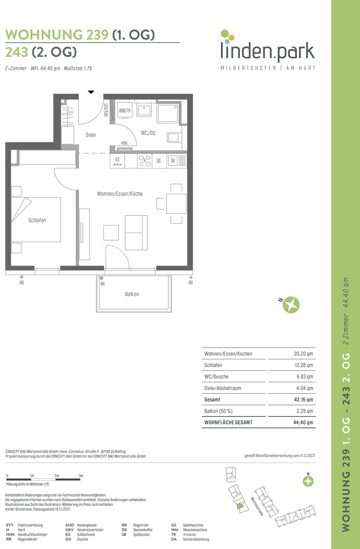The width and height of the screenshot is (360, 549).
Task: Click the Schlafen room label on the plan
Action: click(37, 220)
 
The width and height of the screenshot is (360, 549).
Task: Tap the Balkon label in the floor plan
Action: click(132, 294)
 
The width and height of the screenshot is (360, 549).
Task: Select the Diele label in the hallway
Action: click(91, 135)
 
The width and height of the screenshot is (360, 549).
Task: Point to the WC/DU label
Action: click(148, 133)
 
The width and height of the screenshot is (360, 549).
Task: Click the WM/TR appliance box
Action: click(124, 110)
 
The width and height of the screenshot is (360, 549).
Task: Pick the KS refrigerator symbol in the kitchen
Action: click(117, 161)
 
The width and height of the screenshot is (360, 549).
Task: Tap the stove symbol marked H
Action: click(145, 161)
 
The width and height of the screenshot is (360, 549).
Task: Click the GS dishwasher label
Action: click(159, 161)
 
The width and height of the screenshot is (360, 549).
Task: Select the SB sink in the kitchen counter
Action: click(173, 161)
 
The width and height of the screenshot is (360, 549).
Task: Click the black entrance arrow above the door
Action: click(91, 92)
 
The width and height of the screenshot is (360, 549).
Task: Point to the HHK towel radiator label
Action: click(124, 143)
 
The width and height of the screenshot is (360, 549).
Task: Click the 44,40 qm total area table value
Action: click(303, 423)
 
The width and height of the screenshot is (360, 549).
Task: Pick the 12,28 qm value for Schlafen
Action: click(303, 365)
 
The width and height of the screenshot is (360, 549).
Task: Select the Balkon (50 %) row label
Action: click(218, 411)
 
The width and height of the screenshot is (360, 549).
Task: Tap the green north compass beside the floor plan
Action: click(291, 305)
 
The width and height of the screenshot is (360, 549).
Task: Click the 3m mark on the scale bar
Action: click(81, 476)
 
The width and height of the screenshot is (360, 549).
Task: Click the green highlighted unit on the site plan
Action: click(239, 506)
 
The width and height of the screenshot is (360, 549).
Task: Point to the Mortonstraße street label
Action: click(257, 506)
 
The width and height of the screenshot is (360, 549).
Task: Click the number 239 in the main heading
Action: click(97, 35)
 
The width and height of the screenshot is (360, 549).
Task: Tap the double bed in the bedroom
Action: click(36, 220)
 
